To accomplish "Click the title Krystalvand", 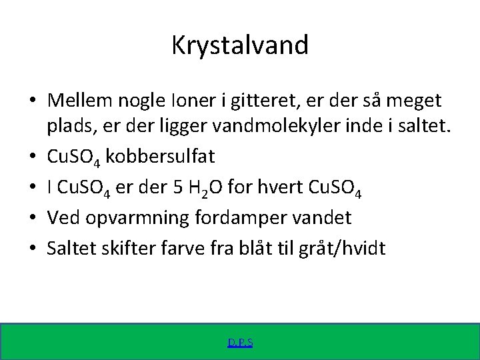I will pos(240,45).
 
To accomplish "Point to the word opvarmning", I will pos(138,218).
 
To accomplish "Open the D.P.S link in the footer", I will pos(240,343).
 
